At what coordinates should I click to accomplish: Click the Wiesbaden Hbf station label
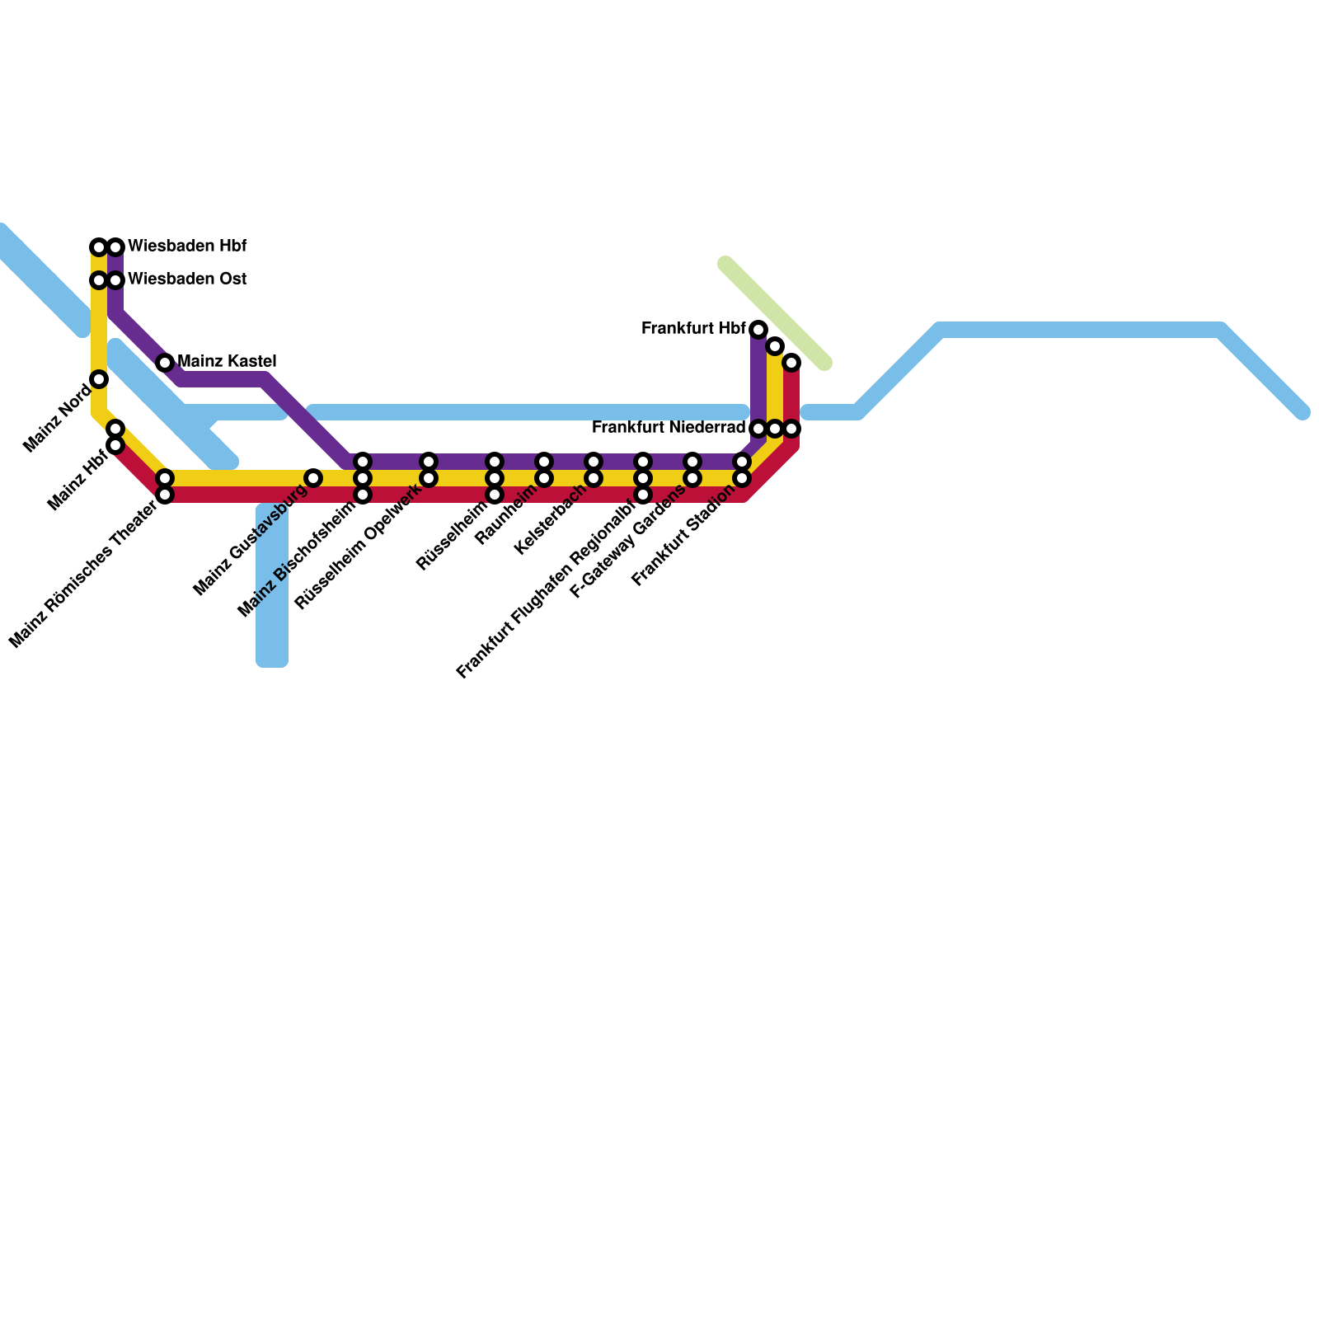(x=187, y=246)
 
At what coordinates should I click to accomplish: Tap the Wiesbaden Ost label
(x=187, y=279)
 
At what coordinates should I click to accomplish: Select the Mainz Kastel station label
(x=227, y=361)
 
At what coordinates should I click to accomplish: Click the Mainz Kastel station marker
(x=165, y=363)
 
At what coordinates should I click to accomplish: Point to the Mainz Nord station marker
(x=99, y=379)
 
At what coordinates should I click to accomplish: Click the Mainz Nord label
(x=58, y=418)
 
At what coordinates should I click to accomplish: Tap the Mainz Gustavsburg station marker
(x=313, y=478)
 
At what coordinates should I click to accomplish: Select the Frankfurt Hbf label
(x=693, y=329)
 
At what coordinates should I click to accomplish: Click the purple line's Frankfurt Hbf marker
(x=758, y=330)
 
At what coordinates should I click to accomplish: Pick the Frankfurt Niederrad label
(x=669, y=428)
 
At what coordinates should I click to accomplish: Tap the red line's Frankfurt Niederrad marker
(x=791, y=429)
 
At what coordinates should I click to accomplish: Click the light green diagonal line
(x=775, y=314)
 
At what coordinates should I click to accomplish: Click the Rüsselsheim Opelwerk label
(x=359, y=545)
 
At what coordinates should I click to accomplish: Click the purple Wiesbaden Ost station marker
(x=115, y=280)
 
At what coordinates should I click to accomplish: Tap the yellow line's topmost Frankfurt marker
(x=775, y=346)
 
